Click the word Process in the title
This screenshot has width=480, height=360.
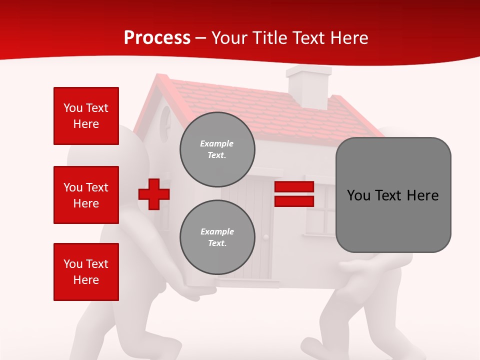157,37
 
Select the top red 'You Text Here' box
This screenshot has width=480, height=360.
86,116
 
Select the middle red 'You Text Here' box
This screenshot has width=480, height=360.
86,195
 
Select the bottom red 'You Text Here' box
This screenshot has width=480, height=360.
86,272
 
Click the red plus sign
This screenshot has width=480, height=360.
154,194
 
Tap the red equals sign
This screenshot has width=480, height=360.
294,194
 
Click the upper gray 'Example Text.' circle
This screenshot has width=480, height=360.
217,149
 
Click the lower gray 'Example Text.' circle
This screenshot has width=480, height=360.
217,237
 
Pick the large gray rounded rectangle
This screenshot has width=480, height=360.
393,195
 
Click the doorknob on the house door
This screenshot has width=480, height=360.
266,237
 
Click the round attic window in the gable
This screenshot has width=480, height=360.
165,123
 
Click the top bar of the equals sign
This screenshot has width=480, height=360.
294,187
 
